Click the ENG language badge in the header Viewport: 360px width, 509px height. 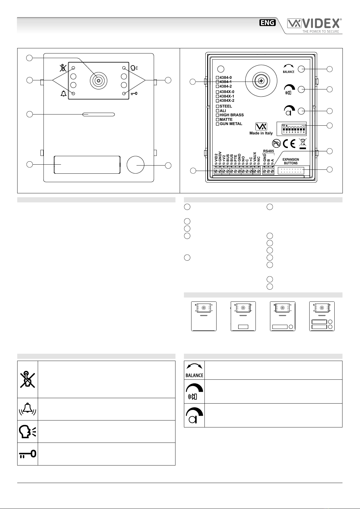[267, 23]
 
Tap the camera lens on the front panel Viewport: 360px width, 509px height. [98, 81]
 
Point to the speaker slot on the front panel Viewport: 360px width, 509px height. [98, 114]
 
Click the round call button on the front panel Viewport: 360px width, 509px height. [135, 165]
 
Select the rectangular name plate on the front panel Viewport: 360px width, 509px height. [87, 165]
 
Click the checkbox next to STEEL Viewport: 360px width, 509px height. [217, 106]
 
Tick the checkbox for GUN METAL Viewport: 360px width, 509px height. [217, 124]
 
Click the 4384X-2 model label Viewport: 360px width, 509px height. [227, 101]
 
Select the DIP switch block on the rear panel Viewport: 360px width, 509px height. [291, 129]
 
